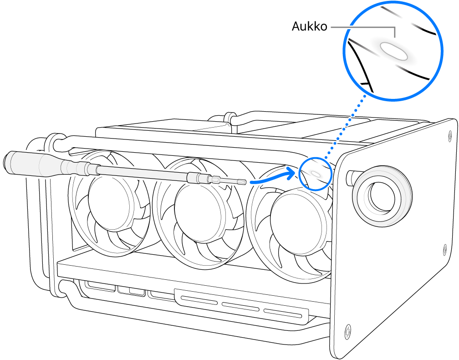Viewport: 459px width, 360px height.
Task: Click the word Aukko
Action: point(309,27)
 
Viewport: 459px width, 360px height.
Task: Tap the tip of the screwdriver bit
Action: point(245,182)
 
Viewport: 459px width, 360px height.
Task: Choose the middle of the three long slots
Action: point(241,306)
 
